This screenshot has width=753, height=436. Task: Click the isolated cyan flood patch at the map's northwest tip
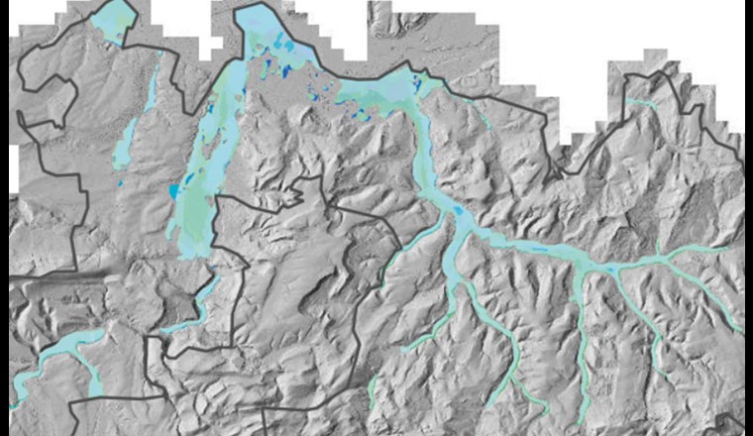pos(114,20)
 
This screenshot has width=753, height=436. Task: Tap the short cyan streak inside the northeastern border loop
pos(641,102)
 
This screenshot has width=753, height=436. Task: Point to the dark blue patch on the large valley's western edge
pos(174,190)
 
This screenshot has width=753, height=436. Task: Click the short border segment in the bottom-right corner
pos(728,423)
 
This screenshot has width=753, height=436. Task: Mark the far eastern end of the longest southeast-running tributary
pos(738,328)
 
